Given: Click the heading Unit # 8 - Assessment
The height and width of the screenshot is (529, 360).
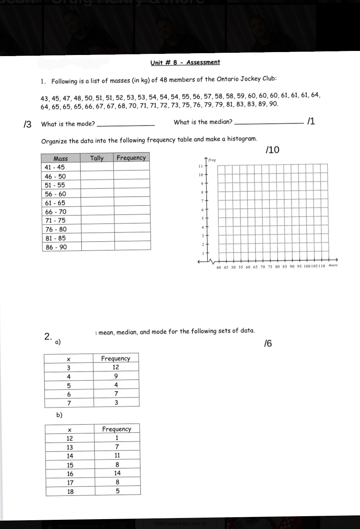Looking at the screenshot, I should pyautogui.click(x=185, y=62).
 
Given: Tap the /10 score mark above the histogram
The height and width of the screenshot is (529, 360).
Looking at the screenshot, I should pyautogui.click(x=272, y=150).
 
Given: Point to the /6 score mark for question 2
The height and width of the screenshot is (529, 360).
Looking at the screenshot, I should pyautogui.click(x=268, y=344).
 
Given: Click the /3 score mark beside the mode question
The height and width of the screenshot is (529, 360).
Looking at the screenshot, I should pyautogui.click(x=27, y=124).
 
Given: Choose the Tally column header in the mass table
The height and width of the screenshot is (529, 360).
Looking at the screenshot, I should pyautogui.click(x=97, y=158).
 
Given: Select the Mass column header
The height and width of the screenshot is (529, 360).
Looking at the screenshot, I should pyautogui.click(x=60, y=158).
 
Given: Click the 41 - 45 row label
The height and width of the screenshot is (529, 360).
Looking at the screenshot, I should pyautogui.click(x=55, y=167).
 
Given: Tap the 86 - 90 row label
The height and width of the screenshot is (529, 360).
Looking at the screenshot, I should pyautogui.click(x=56, y=247).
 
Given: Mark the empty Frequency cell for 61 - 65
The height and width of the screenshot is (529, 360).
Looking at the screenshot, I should pyautogui.click(x=132, y=202).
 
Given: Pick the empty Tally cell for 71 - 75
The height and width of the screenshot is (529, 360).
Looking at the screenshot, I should pyautogui.click(x=97, y=220).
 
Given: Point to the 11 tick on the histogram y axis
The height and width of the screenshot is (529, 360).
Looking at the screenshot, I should pyautogui.click(x=201, y=166).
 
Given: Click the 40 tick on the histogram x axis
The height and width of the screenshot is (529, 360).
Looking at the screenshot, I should pyautogui.click(x=219, y=267).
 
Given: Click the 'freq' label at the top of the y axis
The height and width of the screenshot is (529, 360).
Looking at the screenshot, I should pyautogui.click(x=212, y=160).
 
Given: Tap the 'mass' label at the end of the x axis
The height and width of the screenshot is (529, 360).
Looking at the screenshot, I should pyautogui.click(x=333, y=265).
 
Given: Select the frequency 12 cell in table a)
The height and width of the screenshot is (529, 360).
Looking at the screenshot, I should pyautogui.click(x=116, y=367).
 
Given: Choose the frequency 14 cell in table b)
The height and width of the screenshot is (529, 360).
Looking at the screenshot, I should pyautogui.click(x=117, y=473).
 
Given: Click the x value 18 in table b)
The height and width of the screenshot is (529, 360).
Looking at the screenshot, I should pyautogui.click(x=70, y=492).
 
